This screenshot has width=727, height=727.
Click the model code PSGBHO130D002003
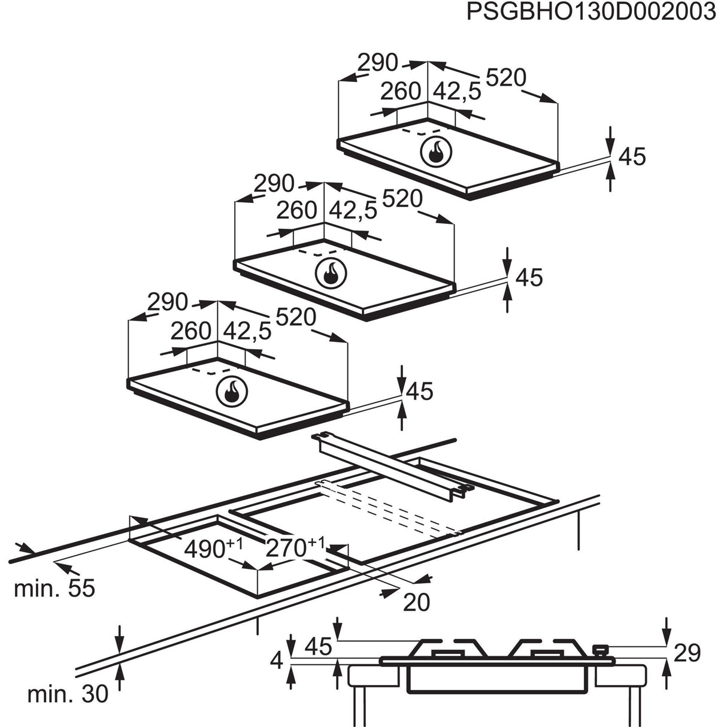tap(591, 12)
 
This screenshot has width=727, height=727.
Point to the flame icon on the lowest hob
tap(230, 392)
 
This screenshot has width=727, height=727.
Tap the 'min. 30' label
tap(68, 694)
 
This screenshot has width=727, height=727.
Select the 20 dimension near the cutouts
tap(417, 602)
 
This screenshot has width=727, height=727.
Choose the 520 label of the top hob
tap(505, 78)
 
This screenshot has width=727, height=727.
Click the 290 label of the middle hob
tap(274, 183)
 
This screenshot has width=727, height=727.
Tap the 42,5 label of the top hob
tap(457, 91)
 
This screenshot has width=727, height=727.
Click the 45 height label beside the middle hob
tap(529, 277)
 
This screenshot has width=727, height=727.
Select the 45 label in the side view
tap(317, 646)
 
